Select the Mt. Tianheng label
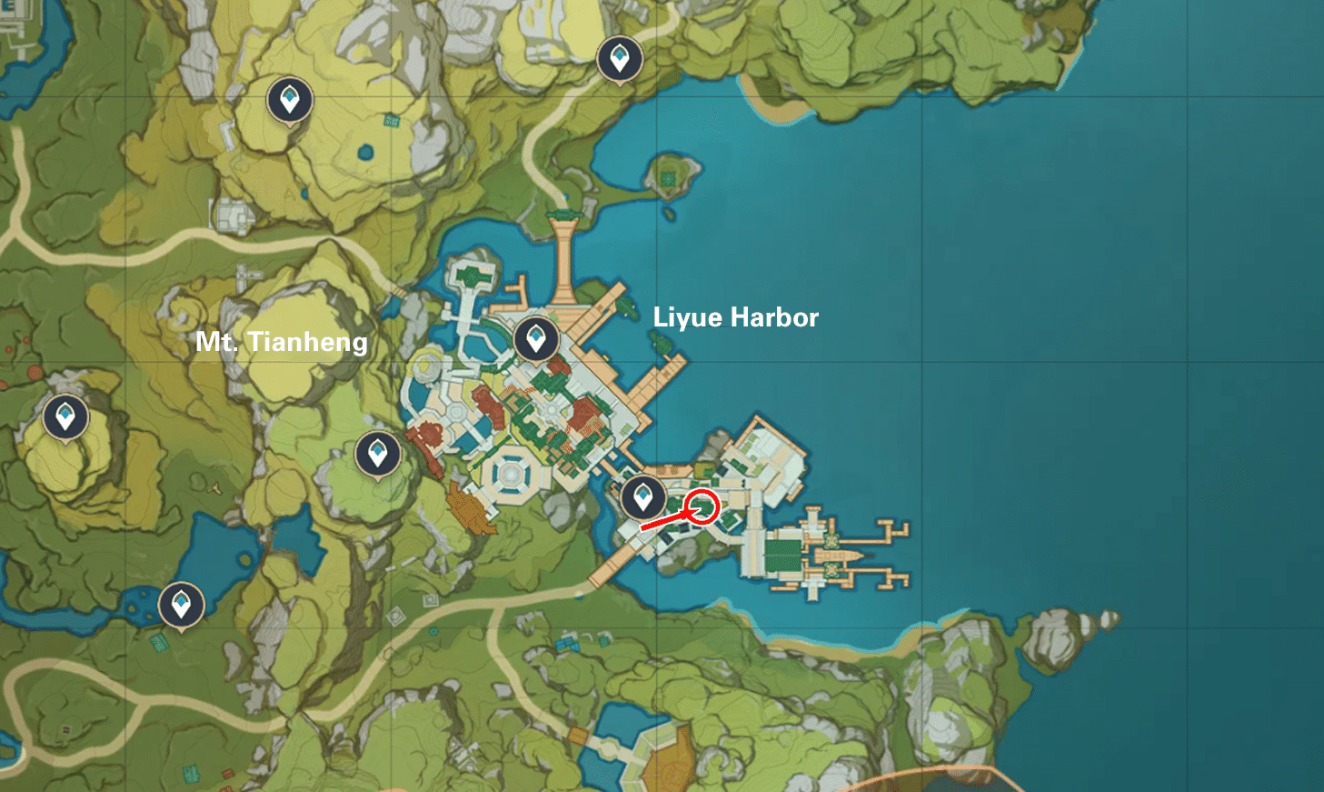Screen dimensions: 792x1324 [282, 342]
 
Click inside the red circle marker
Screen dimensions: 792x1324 [702, 506]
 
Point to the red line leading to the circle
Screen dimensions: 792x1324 [663, 521]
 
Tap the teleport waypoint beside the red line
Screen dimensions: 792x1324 [642, 496]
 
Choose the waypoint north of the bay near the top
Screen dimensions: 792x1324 [620, 59]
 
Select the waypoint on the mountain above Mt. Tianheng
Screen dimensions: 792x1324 [290, 99]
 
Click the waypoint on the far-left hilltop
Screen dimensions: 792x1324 [65, 417]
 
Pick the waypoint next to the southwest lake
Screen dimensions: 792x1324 [181, 604]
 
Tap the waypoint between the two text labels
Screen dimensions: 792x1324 [535, 339]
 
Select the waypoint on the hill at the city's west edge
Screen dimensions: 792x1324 [377, 453]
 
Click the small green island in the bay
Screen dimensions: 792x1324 [671, 175]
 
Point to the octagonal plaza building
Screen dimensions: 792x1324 [511, 473]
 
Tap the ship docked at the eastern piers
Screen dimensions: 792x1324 [841, 554]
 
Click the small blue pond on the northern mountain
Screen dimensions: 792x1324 [365, 152]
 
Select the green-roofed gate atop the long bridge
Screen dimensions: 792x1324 [563, 216]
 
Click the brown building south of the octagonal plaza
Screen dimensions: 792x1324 [471, 510]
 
